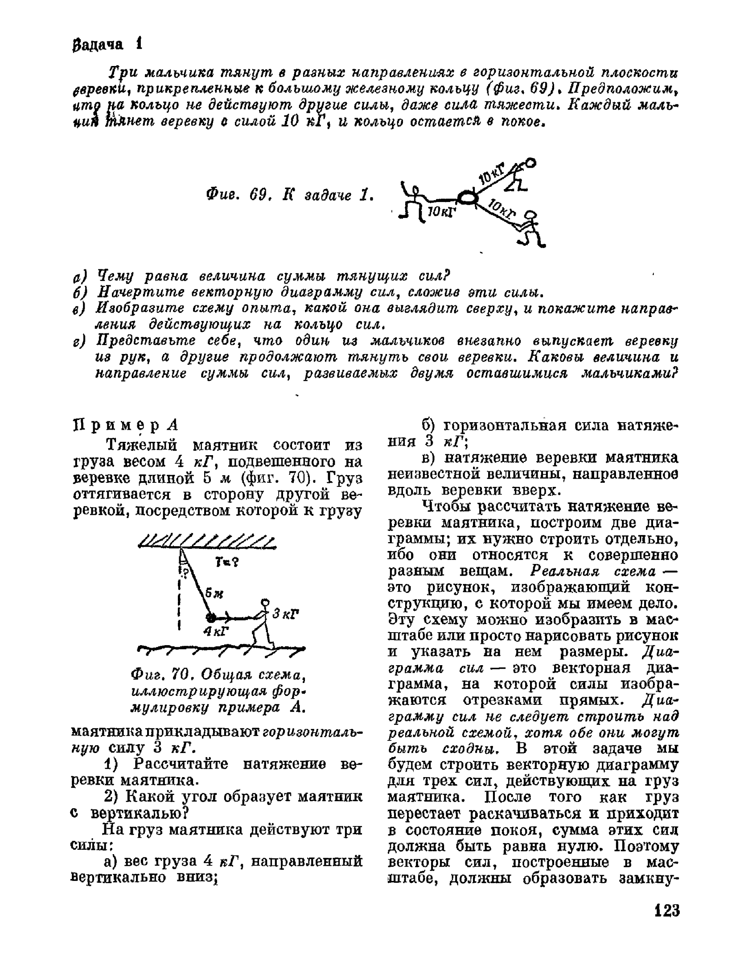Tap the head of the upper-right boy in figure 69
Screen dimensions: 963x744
(530, 163)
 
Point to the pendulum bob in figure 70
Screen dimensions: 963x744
(210, 617)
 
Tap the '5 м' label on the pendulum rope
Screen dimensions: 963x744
(214, 593)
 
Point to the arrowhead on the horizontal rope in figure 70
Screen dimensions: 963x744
(227, 618)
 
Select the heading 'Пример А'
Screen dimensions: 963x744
(125, 425)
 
